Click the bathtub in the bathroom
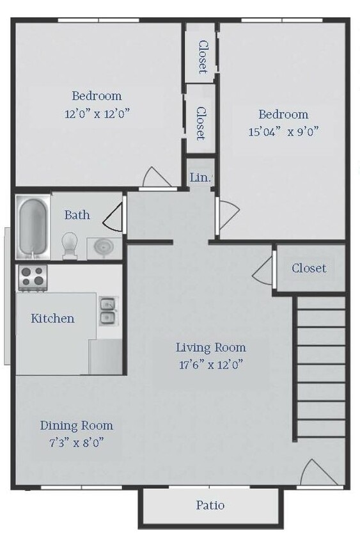(x=33, y=227)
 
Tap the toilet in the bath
(x=70, y=246)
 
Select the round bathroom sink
(x=104, y=248)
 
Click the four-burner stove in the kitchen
(x=33, y=278)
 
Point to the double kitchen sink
(x=107, y=312)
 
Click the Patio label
(x=210, y=505)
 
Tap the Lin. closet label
(x=200, y=177)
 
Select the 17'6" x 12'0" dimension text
(x=211, y=364)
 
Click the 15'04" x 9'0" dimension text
(x=283, y=132)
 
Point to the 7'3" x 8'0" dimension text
(x=76, y=442)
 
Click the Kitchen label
(x=52, y=318)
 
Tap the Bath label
(x=77, y=215)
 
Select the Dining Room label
(x=76, y=425)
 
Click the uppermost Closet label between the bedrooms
(x=203, y=57)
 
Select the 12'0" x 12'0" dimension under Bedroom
(x=97, y=113)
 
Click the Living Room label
(x=211, y=347)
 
